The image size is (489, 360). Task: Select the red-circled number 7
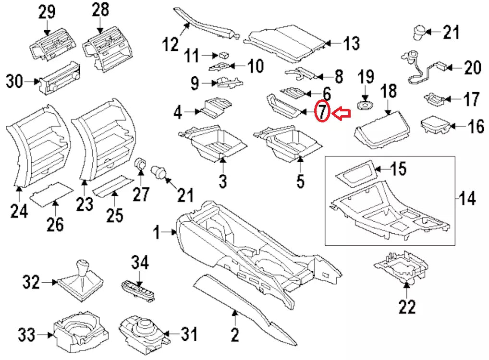[x=322, y=112]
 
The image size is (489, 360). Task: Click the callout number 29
[x=47, y=12]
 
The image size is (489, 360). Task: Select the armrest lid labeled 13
[x=288, y=43]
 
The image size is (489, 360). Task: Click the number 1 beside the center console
[x=157, y=233]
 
